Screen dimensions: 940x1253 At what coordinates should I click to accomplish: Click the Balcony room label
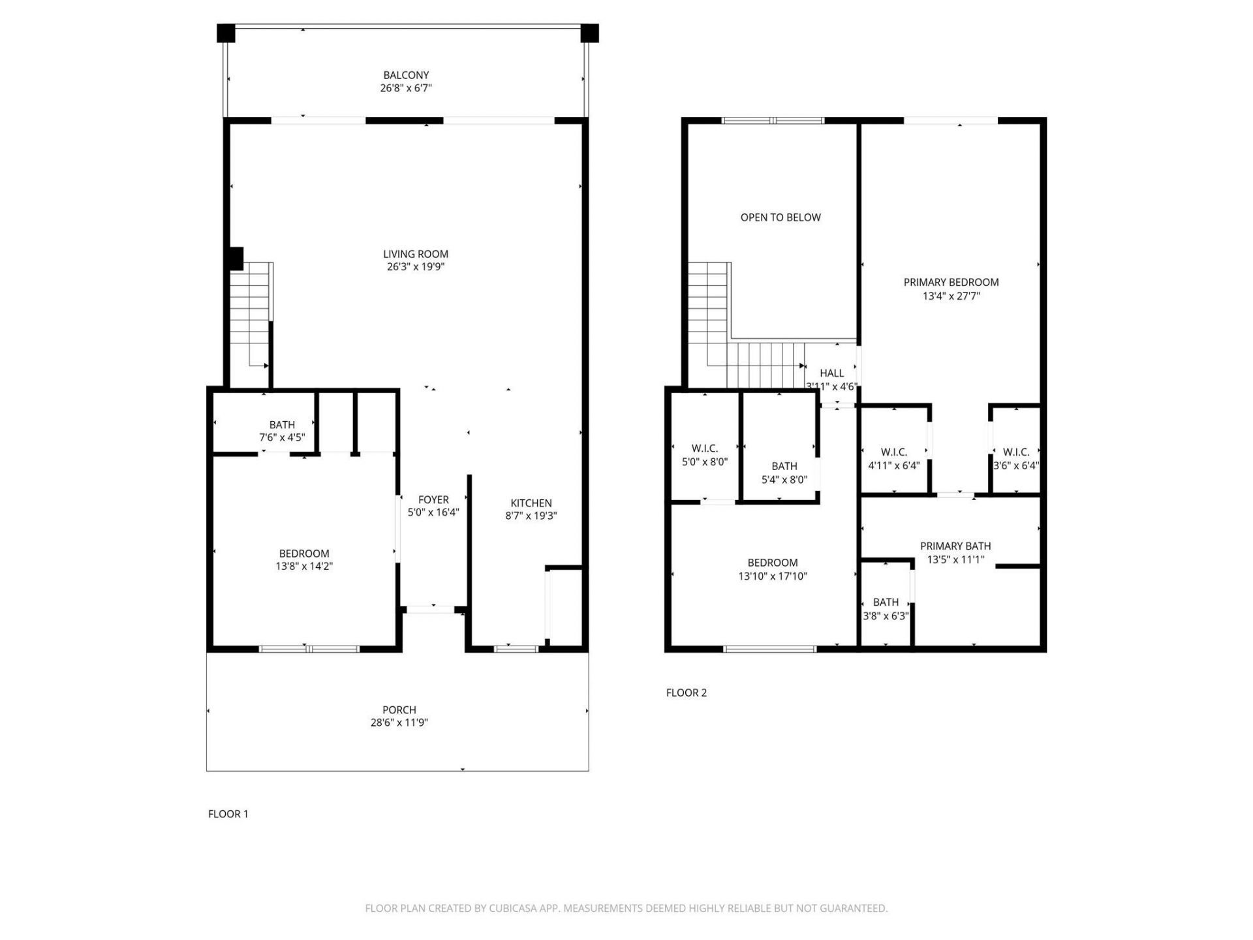coord(406,75)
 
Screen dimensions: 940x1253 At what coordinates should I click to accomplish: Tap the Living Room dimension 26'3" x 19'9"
coord(416,266)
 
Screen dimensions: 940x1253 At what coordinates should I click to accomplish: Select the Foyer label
coord(433,500)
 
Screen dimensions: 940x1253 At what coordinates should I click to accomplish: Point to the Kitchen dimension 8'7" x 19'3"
coord(531,516)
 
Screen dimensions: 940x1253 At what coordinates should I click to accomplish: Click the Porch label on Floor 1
coord(399,710)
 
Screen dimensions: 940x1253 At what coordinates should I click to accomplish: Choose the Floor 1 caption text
coord(228,813)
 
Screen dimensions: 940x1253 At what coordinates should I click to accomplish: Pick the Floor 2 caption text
coord(686,693)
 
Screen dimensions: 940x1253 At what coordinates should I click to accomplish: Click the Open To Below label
coord(780,217)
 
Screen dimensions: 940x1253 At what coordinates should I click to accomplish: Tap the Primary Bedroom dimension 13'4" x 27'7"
coord(951,296)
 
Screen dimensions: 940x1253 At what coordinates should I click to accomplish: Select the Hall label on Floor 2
coord(831,373)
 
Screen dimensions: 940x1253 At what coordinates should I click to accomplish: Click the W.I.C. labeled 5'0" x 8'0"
coord(704,455)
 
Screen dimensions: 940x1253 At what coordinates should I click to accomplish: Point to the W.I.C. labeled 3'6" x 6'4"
coord(1015,459)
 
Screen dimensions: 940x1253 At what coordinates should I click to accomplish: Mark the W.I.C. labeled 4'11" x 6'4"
coord(893,459)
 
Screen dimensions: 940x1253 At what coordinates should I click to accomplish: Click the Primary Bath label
coord(955,546)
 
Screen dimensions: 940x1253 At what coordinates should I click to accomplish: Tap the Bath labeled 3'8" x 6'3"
coord(886,608)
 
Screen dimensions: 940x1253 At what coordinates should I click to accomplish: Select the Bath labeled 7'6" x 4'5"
coord(282,431)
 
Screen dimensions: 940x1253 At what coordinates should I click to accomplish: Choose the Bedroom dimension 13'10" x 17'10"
coord(773,576)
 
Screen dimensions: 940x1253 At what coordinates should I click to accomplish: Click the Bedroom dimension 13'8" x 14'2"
coord(304,566)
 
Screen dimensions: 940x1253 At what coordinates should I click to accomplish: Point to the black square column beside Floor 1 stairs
coord(236,258)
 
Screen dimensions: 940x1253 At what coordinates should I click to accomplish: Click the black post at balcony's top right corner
coord(589,33)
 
